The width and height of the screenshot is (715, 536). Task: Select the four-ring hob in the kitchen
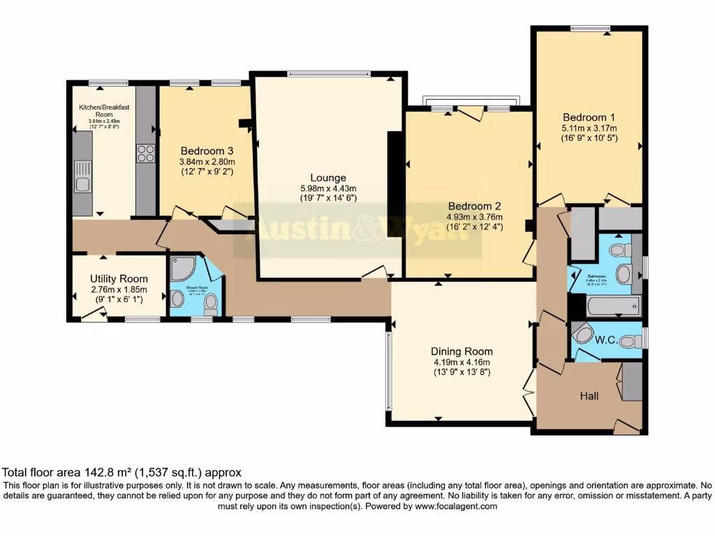[146, 153]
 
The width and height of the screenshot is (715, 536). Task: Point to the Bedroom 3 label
[207, 151]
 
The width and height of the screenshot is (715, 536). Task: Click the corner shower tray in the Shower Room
[182, 269]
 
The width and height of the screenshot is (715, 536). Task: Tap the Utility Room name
[119, 278]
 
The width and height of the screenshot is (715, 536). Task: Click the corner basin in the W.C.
[581, 332]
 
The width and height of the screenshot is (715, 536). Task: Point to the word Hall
[589, 396]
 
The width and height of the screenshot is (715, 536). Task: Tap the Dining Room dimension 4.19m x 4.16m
[462, 362]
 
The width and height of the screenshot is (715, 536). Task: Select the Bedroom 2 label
[475, 206]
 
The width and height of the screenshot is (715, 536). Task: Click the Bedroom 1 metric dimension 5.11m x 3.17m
[589, 128]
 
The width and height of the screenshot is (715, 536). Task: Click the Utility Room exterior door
[91, 316]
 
